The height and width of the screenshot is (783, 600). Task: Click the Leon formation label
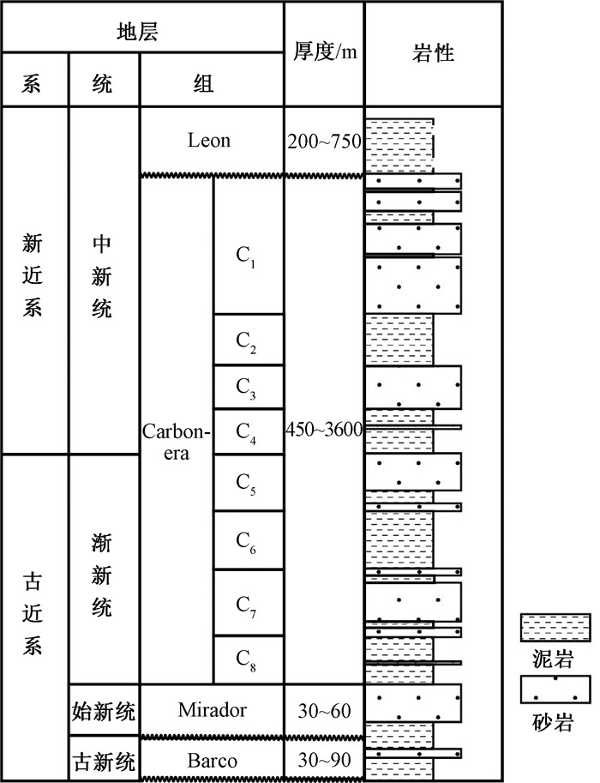tap(209, 141)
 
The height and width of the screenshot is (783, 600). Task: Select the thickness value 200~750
tap(324, 142)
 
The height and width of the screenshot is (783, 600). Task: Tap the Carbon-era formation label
tap(177, 442)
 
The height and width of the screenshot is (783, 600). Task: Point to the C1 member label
tap(246, 256)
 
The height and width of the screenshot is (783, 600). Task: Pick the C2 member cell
tap(249, 340)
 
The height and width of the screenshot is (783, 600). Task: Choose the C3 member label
tap(246, 388)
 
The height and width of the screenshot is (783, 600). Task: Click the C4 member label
tap(246, 433)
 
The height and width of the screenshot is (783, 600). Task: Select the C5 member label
tap(246, 484)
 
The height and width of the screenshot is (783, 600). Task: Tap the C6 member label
tap(246, 542)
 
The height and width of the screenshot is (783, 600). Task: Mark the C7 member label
tap(246, 606)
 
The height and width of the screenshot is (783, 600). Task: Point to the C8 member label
tap(246, 660)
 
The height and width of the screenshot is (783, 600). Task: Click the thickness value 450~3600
tap(324, 430)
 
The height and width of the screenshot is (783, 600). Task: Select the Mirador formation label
tap(213, 709)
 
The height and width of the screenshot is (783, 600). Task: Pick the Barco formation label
tap(213, 761)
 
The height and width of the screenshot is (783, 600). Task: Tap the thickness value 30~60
tap(324, 711)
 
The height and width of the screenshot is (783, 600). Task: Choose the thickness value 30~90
tap(324, 760)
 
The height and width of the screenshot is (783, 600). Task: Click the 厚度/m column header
tap(325, 51)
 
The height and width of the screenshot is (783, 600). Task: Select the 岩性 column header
tap(433, 52)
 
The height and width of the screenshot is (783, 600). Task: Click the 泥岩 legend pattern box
tap(555, 628)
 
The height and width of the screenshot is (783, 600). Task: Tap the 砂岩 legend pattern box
tap(555, 690)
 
